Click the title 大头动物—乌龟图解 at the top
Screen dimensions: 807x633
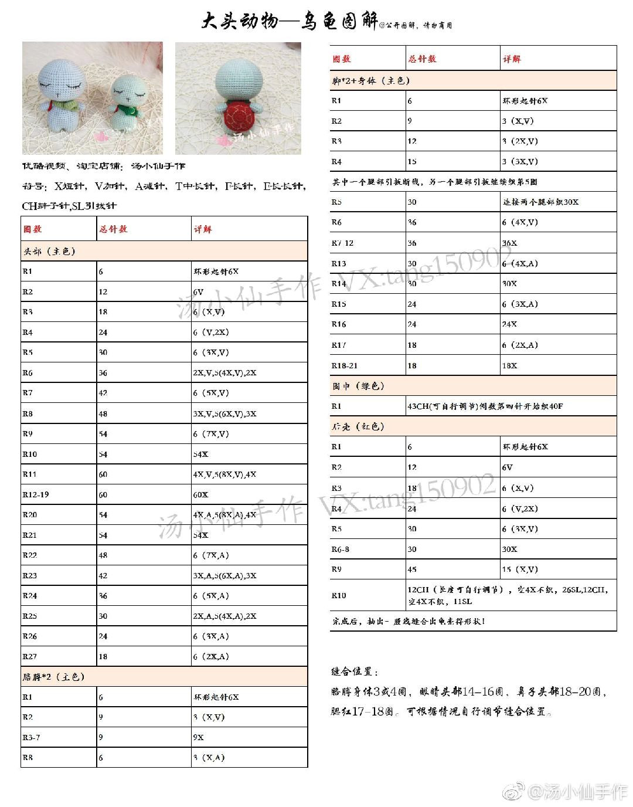pos(290,22)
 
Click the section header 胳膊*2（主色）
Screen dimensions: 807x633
pos(54,676)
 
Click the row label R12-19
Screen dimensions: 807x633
pos(36,494)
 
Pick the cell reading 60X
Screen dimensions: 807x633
pos(200,494)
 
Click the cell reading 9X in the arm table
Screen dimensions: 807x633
pos(198,737)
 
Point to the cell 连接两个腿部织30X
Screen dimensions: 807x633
pos(540,202)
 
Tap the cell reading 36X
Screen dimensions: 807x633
pos(509,243)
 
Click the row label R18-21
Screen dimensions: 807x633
pos(345,365)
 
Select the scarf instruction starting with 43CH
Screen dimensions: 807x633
pos(485,406)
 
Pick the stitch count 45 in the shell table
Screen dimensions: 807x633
pos(412,569)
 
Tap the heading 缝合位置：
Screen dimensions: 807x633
pos(355,672)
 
